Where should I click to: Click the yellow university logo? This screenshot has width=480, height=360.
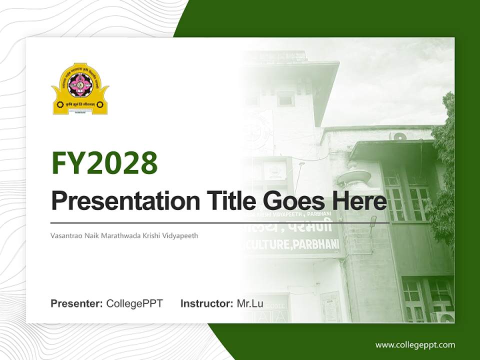[x=80, y=89]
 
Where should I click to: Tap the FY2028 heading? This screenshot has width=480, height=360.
[x=104, y=162]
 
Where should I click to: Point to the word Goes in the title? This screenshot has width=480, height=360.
[x=288, y=201]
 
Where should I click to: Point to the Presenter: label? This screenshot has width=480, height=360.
[x=77, y=303]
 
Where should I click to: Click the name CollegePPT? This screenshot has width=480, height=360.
[x=134, y=303]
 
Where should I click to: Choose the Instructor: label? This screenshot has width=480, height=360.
[x=206, y=303]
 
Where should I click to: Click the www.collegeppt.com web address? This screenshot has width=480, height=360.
[x=415, y=345]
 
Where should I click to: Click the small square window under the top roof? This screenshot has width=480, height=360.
[x=285, y=98]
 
